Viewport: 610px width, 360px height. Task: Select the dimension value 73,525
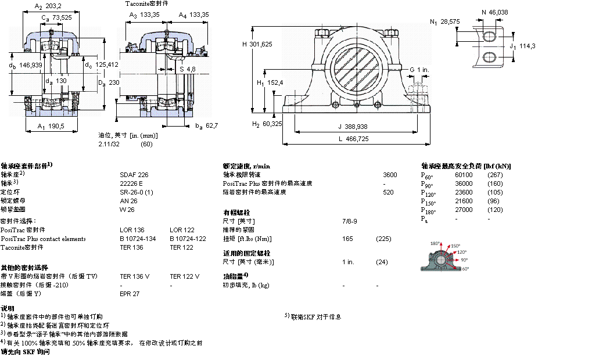62,17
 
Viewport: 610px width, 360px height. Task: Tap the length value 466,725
356,138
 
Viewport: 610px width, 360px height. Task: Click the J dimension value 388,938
356,127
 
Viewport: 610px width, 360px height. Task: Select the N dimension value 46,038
499,11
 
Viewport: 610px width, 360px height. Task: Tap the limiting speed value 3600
390,174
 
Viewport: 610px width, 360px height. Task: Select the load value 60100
463,174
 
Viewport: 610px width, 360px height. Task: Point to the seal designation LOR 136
131,230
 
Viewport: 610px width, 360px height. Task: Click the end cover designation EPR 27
130,294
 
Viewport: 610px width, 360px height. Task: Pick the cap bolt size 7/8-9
350,221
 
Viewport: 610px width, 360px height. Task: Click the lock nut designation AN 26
128,200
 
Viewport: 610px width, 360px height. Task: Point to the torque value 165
347,239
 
